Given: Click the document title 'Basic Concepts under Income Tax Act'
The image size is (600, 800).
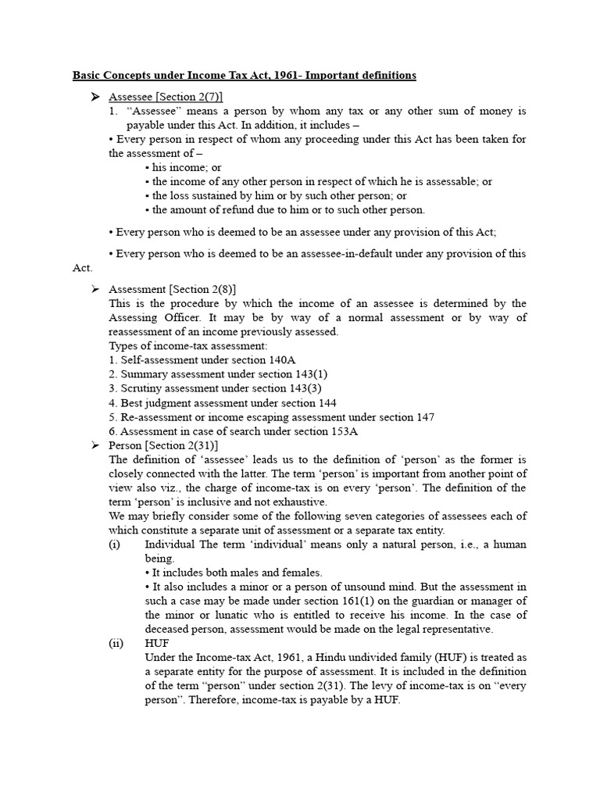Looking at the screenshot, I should (x=245, y=75).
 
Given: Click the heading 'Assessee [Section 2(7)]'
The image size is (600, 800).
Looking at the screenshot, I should (x=166, y=96).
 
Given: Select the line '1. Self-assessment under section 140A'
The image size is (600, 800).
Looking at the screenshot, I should (x=195, y=360).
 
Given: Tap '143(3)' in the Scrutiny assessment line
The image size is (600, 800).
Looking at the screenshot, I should (x=305, y=388).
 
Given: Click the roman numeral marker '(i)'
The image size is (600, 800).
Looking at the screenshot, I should (x=114, y=545).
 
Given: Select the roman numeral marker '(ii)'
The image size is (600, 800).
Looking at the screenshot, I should (x=116, y=644).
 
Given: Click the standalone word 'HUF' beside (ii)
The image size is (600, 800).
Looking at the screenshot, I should (x=157, y=644).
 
